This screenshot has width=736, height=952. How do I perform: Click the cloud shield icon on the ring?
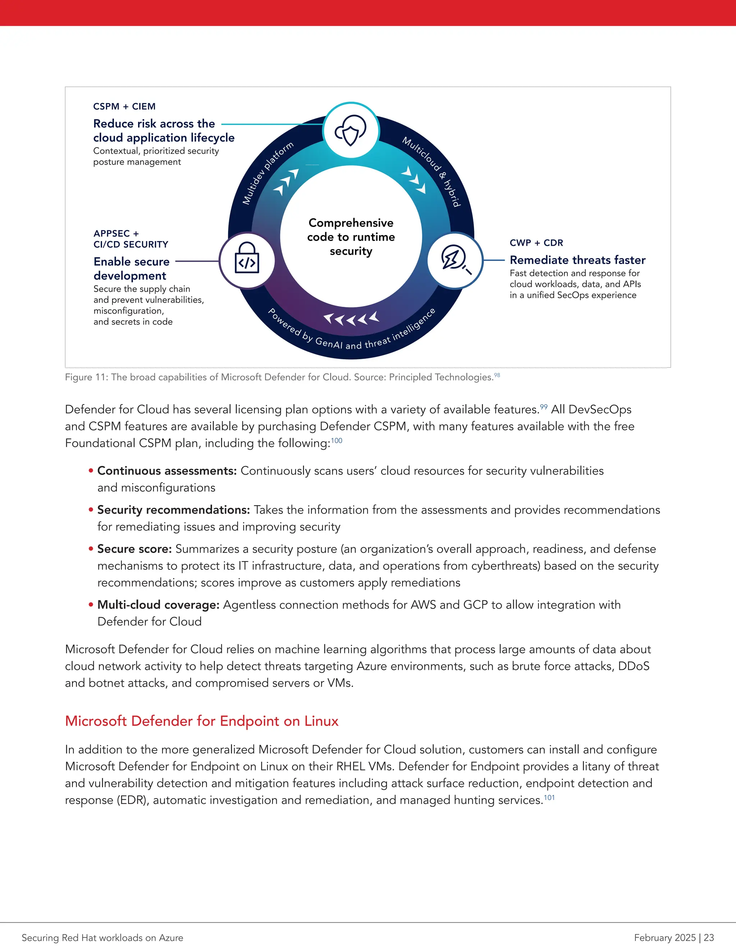[351, 130]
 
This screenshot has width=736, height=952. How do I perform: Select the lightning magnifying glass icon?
[455, 260]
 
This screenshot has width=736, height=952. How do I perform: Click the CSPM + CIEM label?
[124, 106]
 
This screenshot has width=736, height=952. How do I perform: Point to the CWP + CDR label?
[536, 243]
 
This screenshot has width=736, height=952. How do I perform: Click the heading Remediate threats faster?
[577, 260]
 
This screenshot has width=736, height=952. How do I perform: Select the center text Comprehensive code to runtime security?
[351, 237]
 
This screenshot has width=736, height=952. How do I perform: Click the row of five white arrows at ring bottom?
[351, 319]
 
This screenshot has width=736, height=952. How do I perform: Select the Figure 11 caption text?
[279, 377]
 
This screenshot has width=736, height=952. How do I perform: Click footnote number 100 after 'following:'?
[337, 441]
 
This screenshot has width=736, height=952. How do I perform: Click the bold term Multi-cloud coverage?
[158, 605]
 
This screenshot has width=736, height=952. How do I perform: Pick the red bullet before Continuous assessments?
[91, 471]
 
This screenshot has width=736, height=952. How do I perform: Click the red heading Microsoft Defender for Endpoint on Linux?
[202, 721]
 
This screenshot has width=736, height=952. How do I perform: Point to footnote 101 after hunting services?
[549, 798]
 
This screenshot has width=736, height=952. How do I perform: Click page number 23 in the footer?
[709, 938]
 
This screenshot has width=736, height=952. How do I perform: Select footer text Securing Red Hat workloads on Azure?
[102, 938]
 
